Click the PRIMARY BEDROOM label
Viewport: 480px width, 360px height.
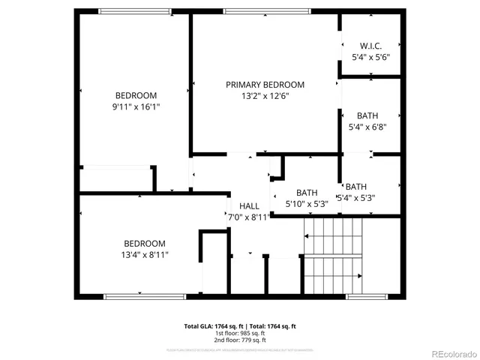[x=265, y=85]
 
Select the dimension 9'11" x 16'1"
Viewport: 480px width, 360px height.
[x=136, y=107]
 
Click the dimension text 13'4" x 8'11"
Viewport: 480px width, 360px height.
[x=145, y=255]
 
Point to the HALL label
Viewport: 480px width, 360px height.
[x=249, y=206]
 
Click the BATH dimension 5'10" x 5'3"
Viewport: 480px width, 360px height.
[x=307, y=203]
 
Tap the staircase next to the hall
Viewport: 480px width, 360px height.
[x=332, y=255]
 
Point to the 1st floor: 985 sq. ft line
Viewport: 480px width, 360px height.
[x=240, y=333]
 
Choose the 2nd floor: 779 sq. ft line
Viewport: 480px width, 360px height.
[x=240, y=340]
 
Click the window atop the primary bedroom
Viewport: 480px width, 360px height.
[x=265, y=11]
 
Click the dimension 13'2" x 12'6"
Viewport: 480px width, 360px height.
[x=265, y=96]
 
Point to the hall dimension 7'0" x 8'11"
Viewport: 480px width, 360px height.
[x=249, y=217]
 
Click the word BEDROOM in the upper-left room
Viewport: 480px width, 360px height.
[x=136, y=95]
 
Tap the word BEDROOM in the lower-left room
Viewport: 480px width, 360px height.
[x=145, y=244]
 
